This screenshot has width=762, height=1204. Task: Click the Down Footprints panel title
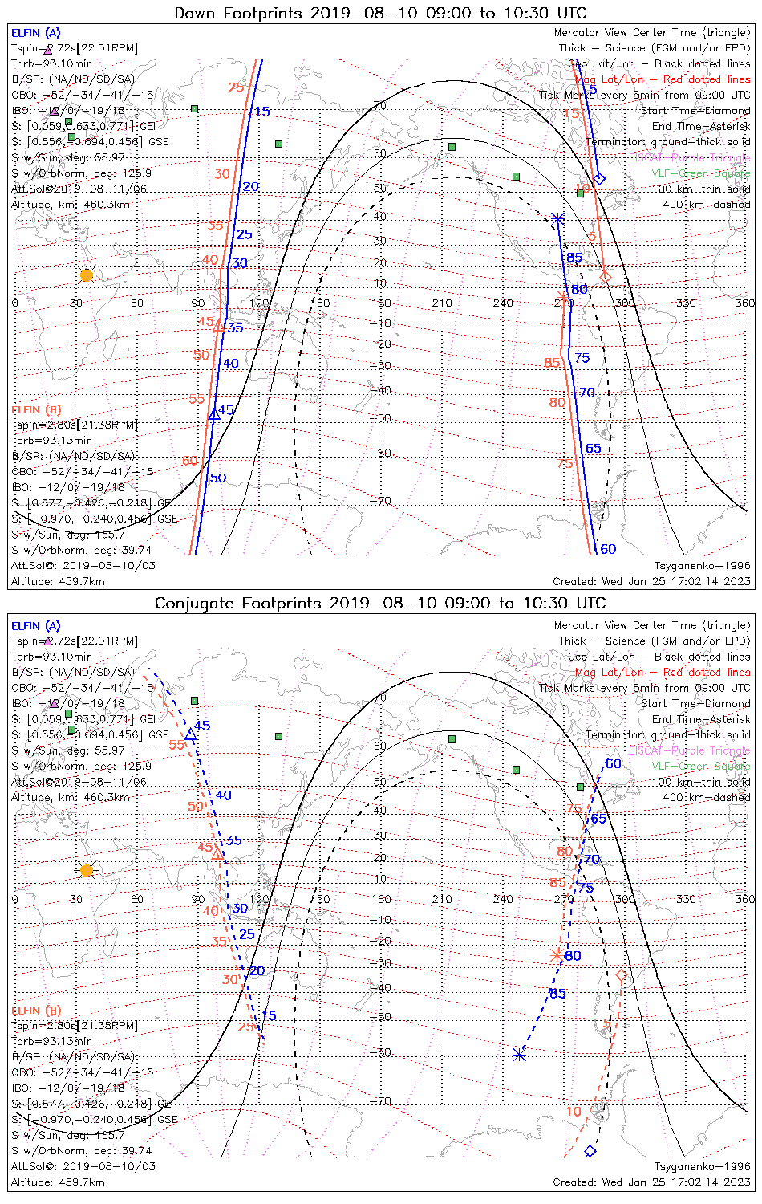380,13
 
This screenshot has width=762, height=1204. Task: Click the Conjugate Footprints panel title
380,603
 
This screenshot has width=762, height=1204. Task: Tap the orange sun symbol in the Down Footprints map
86,275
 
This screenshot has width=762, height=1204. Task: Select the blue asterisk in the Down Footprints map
558,218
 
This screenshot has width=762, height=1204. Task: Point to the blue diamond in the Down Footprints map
599,178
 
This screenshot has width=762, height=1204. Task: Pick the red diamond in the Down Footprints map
606,277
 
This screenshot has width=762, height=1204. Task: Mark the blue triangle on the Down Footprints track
214,414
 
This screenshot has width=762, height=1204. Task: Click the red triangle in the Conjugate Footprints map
217,853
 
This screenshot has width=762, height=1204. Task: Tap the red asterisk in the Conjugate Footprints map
557,954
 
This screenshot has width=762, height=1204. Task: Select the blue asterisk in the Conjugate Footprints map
520,1054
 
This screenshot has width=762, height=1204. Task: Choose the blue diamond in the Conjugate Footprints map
590,1151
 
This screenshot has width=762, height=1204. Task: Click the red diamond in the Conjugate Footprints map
621,976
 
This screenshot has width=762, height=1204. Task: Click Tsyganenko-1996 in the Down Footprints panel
702,565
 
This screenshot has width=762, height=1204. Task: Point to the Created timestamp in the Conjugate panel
651,1182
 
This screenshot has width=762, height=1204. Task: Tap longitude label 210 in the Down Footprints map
442,303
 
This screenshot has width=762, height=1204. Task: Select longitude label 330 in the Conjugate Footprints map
686,899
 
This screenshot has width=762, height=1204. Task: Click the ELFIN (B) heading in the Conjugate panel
36,1010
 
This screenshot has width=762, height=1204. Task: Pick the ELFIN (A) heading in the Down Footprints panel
36,33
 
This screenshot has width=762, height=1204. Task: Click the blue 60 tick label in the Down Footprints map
608,549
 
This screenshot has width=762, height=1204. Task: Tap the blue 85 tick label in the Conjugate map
557,994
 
